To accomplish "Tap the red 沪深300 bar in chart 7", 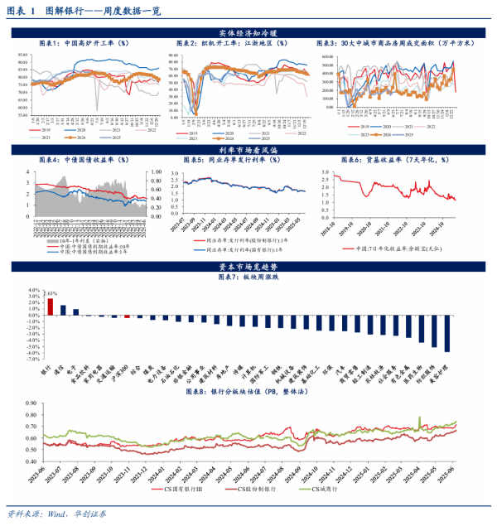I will [x=127, y=316].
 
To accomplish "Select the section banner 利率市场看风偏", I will [x=248, y=149].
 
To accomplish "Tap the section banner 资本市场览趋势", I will [x=248, y=266].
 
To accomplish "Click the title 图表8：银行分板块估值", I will [x=249, y=393].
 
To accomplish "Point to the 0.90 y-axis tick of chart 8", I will [x=32, y=403].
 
